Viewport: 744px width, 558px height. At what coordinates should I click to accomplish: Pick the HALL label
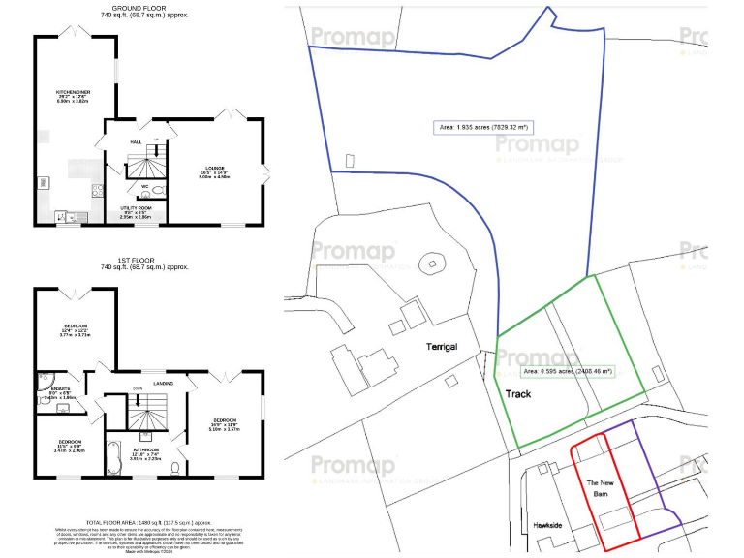point(136,141)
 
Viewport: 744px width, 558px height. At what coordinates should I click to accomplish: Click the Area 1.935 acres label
point(484,126)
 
